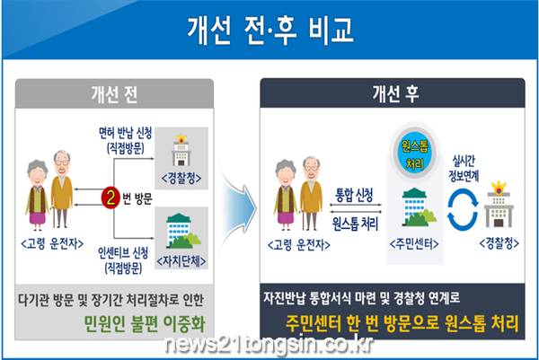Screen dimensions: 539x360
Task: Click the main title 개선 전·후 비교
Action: [270, 30]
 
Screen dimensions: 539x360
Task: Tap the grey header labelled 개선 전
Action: [114, 93]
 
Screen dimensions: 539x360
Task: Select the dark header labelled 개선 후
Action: [393, 93]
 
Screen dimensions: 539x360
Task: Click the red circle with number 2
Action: [110, 198]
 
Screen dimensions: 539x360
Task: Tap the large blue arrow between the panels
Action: [239, 208]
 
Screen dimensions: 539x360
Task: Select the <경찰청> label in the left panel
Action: [181, 179]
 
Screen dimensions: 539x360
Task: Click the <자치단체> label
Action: [181, 261]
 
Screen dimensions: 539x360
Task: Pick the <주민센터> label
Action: [414, 244]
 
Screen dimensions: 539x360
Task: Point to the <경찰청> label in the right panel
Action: [499, 243]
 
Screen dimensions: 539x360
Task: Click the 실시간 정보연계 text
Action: [464, 168]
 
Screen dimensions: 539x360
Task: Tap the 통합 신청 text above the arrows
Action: [355, 195]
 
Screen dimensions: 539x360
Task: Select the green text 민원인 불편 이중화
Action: [145, 323]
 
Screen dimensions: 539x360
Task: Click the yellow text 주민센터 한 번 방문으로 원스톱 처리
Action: [402, 323]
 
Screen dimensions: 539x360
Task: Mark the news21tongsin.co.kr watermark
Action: [269, 344]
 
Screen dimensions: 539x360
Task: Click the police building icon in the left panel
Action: [181, 150]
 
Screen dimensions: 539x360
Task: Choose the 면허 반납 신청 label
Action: [125, 133]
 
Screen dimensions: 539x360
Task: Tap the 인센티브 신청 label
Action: [123, 253]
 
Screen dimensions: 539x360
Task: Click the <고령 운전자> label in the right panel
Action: [299, 245]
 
